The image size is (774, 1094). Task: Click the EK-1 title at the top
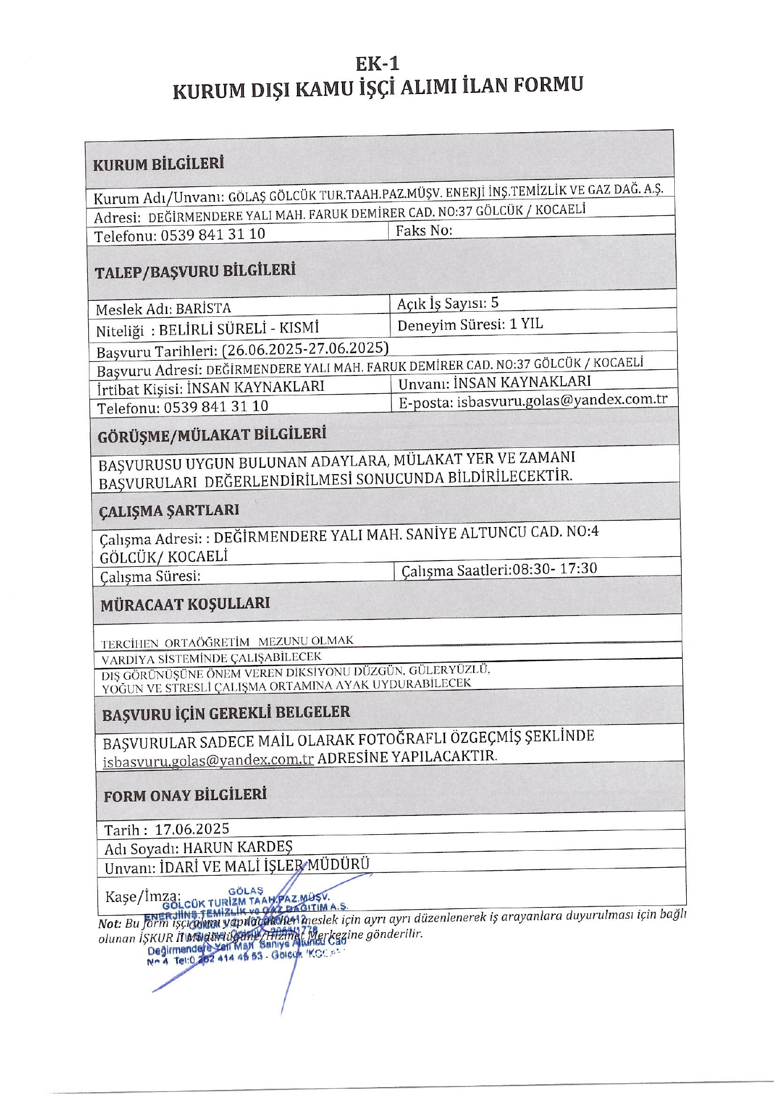point(377,63)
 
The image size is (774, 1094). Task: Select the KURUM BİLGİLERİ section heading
point(158,165)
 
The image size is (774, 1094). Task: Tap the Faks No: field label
point(424,230)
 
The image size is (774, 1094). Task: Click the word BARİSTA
point(203,309)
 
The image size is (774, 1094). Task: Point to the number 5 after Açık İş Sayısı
point(494,303)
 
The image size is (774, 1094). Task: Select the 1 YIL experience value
point(525,324)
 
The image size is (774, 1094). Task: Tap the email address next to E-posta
point(562,400)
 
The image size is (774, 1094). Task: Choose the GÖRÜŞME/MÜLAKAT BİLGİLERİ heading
point(212,435)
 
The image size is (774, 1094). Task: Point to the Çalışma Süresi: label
point(150,576)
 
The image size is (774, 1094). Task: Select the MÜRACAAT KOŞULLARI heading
point(185,604)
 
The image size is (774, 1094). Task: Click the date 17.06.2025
point(192,828)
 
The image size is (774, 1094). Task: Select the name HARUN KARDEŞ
point(237,847)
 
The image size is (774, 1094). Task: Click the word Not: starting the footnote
point(109,924)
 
